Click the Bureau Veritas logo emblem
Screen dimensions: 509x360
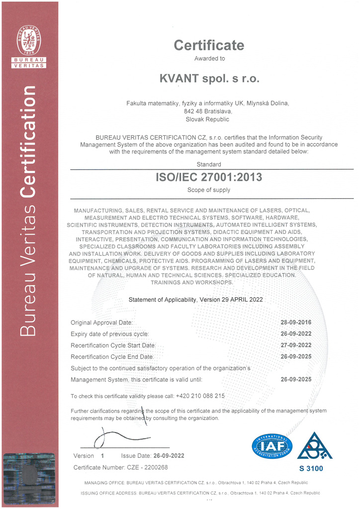coord(29,40)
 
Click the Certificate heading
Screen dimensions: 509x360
coord(209,46)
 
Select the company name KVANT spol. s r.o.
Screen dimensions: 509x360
coord(209,78)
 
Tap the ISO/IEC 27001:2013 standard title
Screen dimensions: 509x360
coord(209,177)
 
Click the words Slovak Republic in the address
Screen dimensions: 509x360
coord(207,119)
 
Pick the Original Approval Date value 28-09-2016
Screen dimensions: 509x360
coord(296,323)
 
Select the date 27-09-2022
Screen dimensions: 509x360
coord(296,345)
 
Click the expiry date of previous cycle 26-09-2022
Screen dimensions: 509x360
coord(296,334)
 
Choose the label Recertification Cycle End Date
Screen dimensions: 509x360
coord(112,357)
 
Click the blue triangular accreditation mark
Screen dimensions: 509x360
coord(315,446)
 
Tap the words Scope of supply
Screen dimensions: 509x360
coord(209,190)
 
